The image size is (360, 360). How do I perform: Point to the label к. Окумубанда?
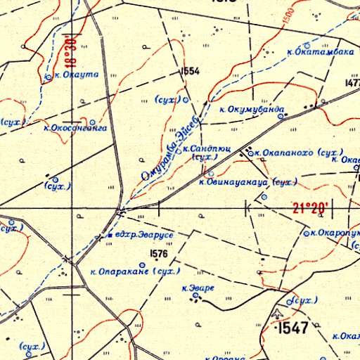252,110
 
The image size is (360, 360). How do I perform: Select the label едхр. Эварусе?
144,233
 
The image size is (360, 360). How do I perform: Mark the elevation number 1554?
190,71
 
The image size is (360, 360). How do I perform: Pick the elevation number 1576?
160,254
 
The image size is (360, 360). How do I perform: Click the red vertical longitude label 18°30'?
68,49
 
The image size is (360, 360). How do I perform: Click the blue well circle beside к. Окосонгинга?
92,120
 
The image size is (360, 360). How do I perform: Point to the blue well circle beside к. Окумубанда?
280,117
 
